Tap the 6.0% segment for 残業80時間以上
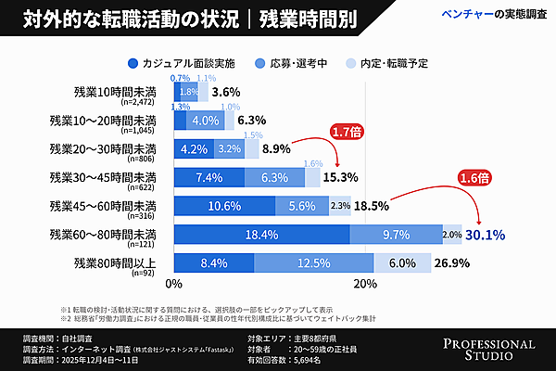(x=403, y=264)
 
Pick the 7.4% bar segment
(x=208, y=177)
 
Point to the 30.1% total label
(x=486, y=236)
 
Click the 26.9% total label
(x=452, y=264)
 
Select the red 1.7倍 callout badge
(x=346, y=134)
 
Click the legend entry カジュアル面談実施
(x=190, y=63)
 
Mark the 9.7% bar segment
(x=396, y=236)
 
